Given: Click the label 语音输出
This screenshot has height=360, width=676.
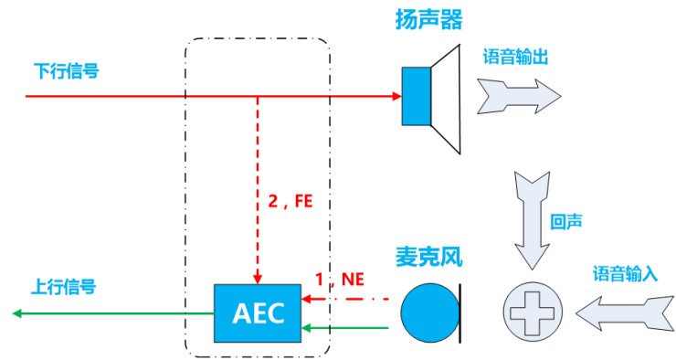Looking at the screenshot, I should pyautogui.click(x=515, y=56).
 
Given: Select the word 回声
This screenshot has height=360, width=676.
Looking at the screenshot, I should pyautogui.click(x=565, y=222).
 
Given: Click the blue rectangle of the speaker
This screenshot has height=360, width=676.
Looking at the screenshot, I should pyautogui.click(x=416, y=96).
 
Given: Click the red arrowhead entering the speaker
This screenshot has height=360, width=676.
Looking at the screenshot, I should pyautogui.click(x=396, y=95).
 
